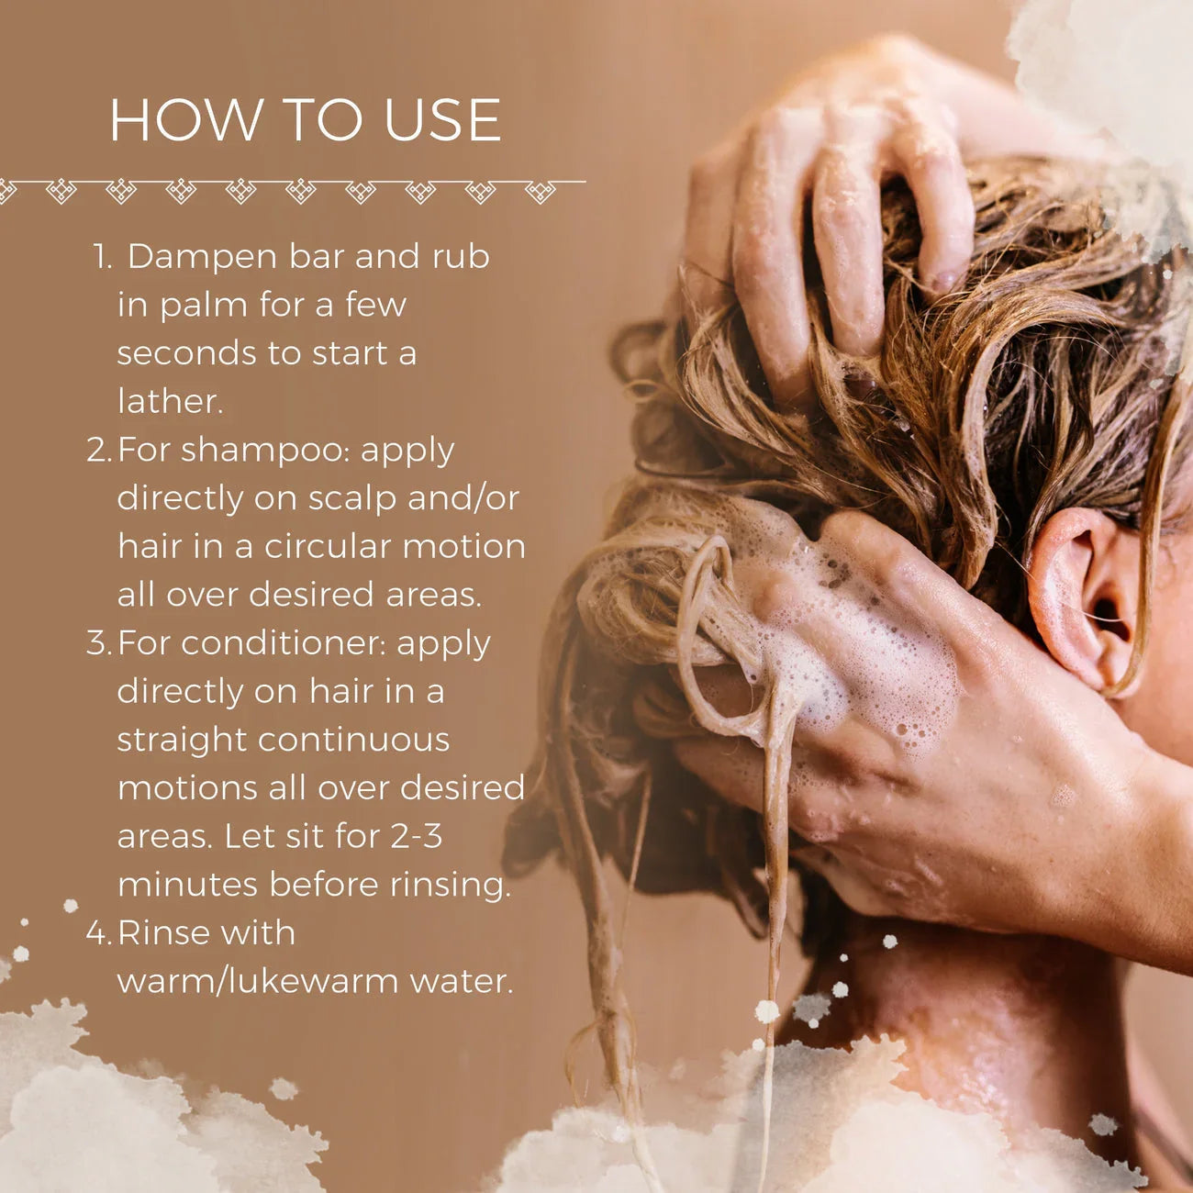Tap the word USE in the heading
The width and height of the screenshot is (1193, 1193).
click(442, 120)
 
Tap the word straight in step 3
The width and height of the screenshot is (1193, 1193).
click(182, 741)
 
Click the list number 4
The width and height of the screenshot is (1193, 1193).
click(97, 933)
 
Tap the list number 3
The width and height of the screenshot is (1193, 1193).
click(97, 643)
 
